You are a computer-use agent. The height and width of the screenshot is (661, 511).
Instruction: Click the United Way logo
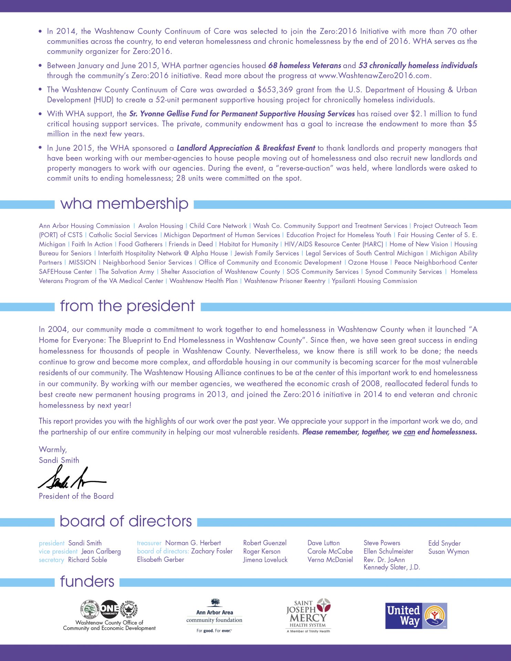(x=416, y=616)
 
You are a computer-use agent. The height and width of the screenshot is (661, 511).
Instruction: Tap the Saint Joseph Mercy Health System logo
(x=308, y=616)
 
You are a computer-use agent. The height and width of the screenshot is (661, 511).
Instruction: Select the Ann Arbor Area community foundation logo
(x=214, y=616)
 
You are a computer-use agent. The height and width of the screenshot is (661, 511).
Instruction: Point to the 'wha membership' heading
(x=124, y=204)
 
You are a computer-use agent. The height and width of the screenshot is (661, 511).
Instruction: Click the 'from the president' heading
(x=127, y=306)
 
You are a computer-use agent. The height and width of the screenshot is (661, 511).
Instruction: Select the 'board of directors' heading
(x=126, y=521)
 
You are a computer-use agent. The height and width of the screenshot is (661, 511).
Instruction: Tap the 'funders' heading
(x=87, y=581)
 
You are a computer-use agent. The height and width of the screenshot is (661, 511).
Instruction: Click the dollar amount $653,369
(x=275, y=90)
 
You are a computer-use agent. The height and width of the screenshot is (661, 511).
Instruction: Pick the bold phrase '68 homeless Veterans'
(x=304, y=65)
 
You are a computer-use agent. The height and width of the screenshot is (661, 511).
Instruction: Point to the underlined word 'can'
(x=409, y=432)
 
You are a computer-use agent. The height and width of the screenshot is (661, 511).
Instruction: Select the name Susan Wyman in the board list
(x=449, y=552)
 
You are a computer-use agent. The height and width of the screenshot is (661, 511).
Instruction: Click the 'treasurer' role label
(x=149, y=543)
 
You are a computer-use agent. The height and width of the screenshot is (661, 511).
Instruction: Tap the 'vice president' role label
(x=58, y=552)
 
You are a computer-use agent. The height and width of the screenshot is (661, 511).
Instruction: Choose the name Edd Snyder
(x=444, y=543)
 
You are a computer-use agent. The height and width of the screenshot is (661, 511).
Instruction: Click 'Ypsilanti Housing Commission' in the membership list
(x=374, y=281)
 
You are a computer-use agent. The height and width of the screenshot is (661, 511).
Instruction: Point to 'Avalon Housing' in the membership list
(x=160, y=226)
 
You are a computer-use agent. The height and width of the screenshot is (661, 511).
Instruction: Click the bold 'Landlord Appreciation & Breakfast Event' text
(x=246, y=148)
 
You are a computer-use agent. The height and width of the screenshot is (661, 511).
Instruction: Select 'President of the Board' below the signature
(x=76, y=496)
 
